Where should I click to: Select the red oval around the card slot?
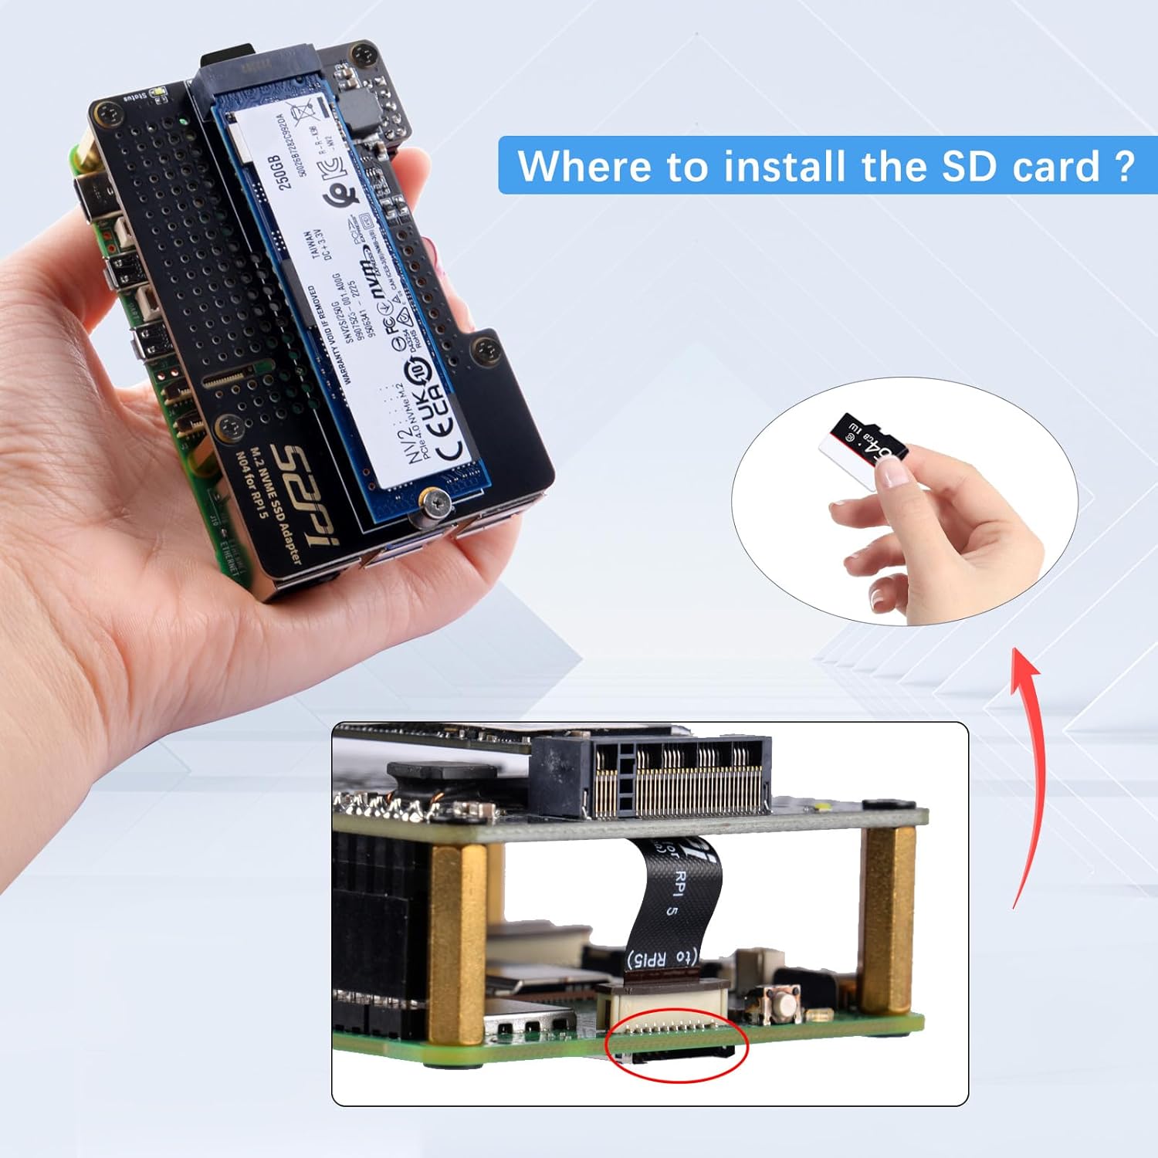(677, 1045)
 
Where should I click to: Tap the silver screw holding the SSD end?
(436, 506)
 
